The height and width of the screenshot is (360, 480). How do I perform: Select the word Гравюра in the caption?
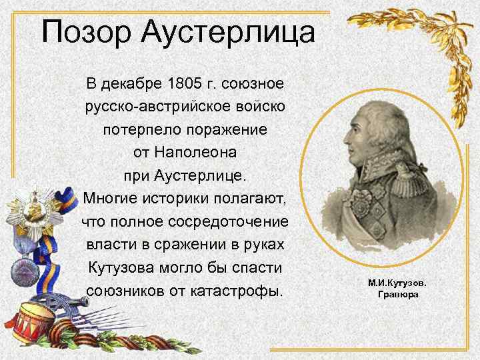tap(398, 295)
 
